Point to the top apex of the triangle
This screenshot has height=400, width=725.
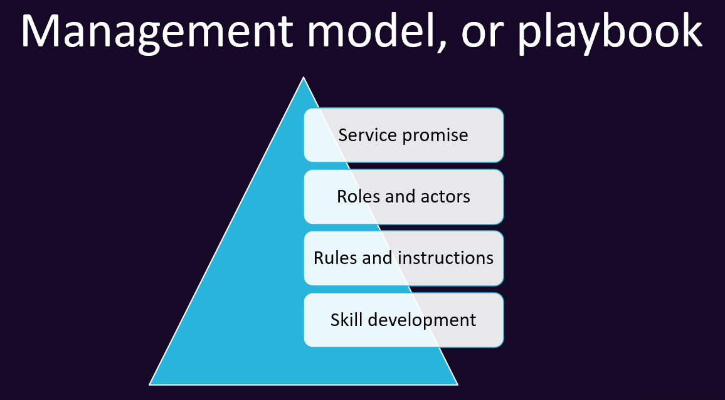coord(304,78)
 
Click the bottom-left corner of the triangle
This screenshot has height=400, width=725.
coord(151,384)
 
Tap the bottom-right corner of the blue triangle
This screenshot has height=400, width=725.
coord(457,384)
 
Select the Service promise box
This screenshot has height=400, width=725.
coord(403,135)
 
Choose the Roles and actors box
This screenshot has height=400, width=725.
coord(403,196)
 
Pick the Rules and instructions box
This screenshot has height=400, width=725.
coord(403,258)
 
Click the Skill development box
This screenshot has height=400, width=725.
coord(403,320)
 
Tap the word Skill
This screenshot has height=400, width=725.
coord(347,320)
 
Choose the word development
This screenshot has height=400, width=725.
coord(422,320)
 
